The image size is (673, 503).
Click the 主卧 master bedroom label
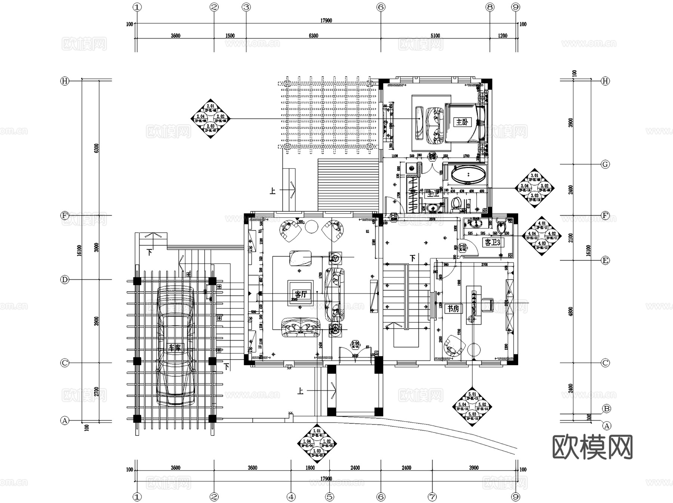click(x=462, y=122)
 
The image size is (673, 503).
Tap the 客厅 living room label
click(x=300, y=294)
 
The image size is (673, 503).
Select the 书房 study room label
click(x=453, y=308)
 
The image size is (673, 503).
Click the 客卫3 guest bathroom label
click(x=492, y=242)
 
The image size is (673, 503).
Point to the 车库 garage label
click(x=175, y=348)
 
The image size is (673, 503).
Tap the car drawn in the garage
click(x=176, y=345)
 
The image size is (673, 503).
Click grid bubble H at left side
click(x=65, y=81)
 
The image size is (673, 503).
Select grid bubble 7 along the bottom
click(x=432, y=497)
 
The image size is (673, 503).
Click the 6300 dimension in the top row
click(x=313, y=36)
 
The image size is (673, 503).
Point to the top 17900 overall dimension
click(x=326, y=21)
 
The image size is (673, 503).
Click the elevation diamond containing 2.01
click(x=210, y=119)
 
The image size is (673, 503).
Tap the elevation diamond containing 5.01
click(x=472, y=407)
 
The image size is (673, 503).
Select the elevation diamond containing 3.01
click(x=535, y=188)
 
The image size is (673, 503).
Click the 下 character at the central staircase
click(x=412, y=258)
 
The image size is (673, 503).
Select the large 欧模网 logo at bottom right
click(x=592, y=447)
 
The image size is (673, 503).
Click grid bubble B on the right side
click(x=606, y=409)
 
